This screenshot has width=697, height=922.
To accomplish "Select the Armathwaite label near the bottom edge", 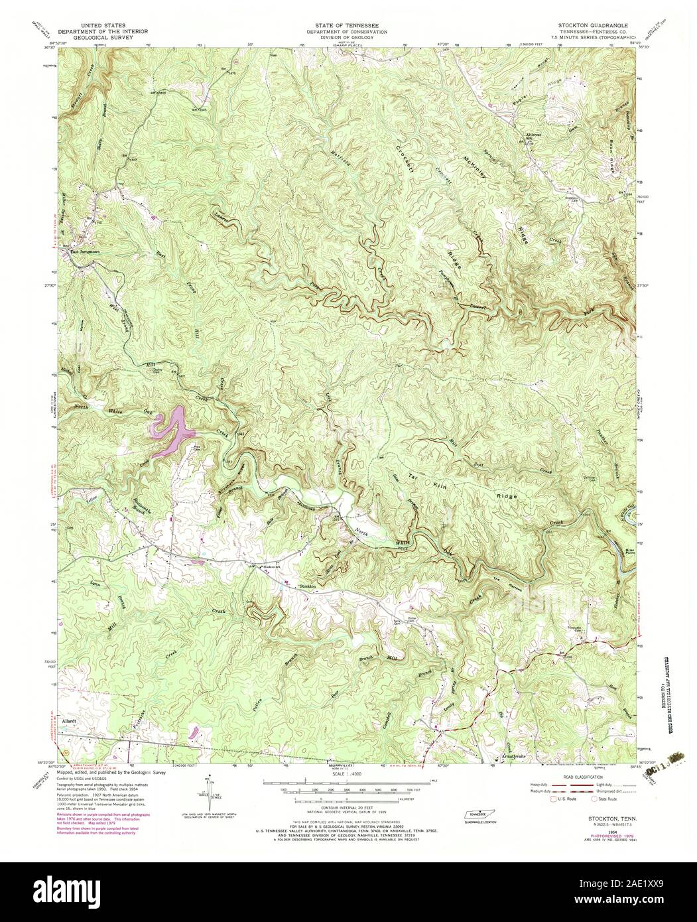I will click(x=515, y=756).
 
